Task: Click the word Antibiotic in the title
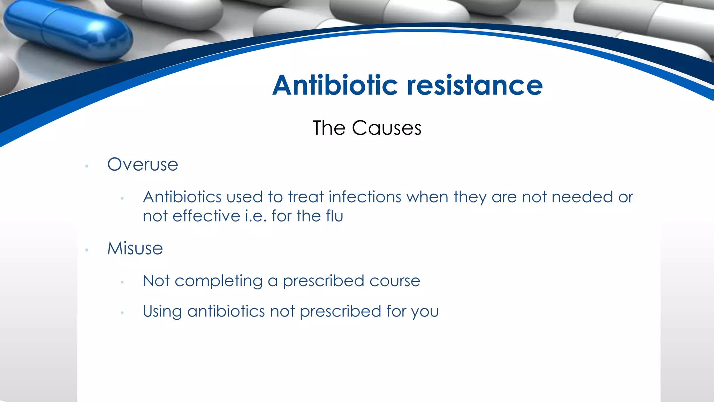click(335, 85)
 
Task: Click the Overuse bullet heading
click(143, 164)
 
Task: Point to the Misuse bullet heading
click(135, 248)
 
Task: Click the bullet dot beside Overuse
click(87, 166)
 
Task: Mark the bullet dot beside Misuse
click(87, 250)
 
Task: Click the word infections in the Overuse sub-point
click(365, 197)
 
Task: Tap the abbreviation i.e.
click(256, 216)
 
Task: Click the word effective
click(206, 216)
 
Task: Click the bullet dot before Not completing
click(122, 282)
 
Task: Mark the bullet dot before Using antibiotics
click(122, 313)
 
